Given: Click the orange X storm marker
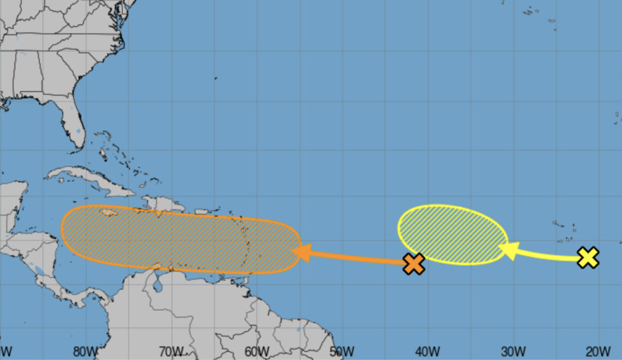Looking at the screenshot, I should click(414, 264).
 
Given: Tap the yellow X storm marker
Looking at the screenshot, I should click(588, 257).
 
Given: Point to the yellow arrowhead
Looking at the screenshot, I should click(508, 250).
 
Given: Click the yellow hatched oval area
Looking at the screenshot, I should click(452, 234).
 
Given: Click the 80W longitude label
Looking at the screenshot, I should click(86, 350).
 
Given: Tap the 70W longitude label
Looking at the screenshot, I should click(171, 350).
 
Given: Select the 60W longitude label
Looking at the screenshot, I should click(256, 350).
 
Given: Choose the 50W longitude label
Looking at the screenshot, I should click(342, 350).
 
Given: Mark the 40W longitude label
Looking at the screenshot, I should click(428, 350).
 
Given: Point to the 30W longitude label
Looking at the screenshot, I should click(513, 350).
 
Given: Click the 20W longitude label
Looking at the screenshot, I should click(599, 350).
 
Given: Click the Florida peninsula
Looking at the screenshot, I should click(74, 123).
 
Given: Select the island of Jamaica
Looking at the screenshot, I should click(109, 213).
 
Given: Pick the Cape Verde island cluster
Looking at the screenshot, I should click(565, 232).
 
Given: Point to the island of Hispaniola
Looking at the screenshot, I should click(161, 204).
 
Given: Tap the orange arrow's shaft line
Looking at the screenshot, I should click(360, 257).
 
